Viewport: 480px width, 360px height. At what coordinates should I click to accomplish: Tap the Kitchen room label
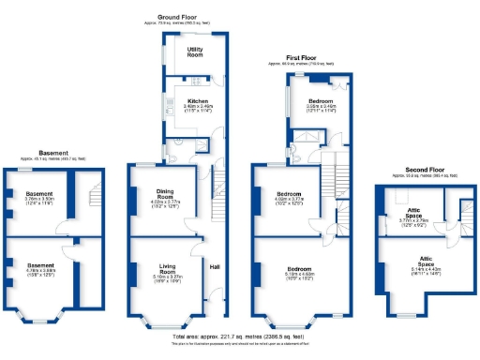(x=198, y=100)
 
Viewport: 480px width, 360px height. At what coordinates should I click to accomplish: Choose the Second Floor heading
(x=416, y=170)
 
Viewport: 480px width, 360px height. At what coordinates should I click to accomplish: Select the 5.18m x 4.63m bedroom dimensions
(x=287, y=276)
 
